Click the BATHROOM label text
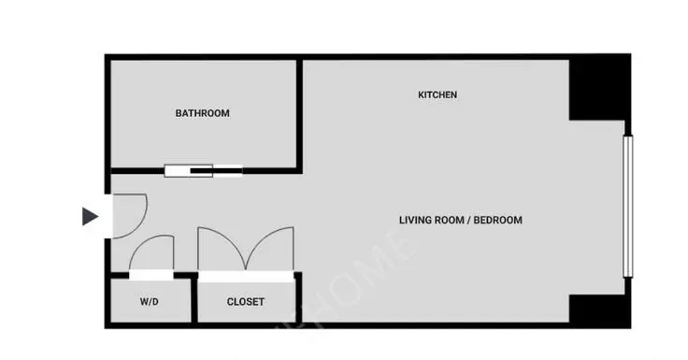click(202, 113)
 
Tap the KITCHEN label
click(437, 95)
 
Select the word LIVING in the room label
click(417, 221)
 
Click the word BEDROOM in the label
click(497, 221)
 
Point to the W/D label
click(150, 302)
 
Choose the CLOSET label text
click(245, 302)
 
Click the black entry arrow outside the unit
click(90, 216)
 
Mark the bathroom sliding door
click(203, 171)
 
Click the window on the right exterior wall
click(627, 207)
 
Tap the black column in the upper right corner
click(598, 90)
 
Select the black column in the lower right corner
click(598, 309)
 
